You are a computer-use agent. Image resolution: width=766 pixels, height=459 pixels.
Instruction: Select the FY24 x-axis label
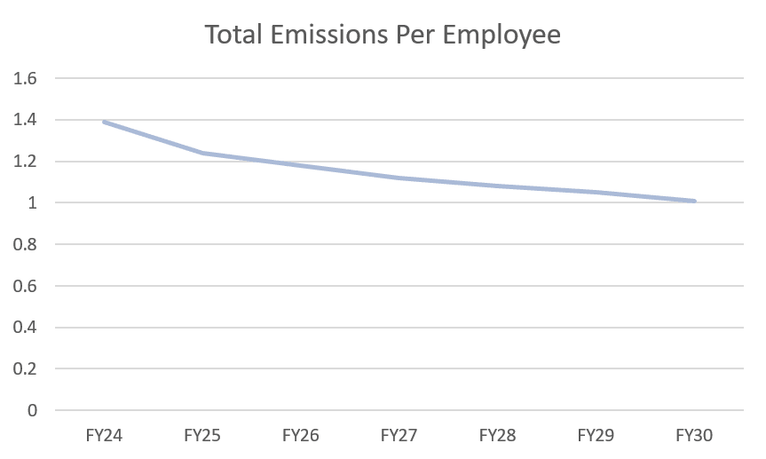[x=104, y=436]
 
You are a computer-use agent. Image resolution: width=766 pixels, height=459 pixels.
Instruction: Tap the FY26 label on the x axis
[x=301, y=436]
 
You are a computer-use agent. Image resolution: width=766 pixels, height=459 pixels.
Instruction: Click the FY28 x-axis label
[x=497, y=436]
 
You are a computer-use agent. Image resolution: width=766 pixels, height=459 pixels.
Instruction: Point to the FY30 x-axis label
[x=694, y=436]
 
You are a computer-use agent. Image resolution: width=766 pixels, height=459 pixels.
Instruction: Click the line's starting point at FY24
[x=104, y=122]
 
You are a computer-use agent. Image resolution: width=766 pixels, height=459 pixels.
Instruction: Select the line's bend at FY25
[x=202, y=153]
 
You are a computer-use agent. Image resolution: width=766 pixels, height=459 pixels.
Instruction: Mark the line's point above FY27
[x=399, y=178]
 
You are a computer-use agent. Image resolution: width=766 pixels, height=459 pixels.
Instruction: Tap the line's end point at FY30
[x=694, y=201]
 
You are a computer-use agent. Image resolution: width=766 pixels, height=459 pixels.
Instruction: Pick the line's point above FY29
[x=596, y=192]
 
